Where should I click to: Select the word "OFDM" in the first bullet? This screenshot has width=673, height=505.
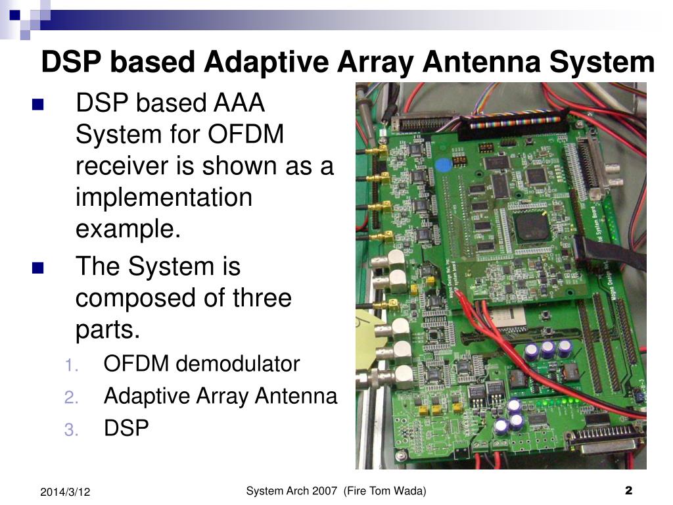246,135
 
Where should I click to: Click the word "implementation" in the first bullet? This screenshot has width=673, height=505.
164,198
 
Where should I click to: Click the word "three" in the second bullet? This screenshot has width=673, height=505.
262,298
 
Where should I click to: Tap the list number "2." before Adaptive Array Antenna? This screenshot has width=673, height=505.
72,397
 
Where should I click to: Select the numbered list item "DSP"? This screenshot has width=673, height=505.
126,428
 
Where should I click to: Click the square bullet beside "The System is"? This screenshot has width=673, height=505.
37,268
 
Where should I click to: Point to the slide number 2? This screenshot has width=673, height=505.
628,491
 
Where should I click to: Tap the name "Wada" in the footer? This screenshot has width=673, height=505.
409,491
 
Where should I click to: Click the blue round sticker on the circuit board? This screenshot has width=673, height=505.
445,164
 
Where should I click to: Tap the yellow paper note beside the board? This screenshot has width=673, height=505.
369,335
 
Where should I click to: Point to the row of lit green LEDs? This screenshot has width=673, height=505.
553,402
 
